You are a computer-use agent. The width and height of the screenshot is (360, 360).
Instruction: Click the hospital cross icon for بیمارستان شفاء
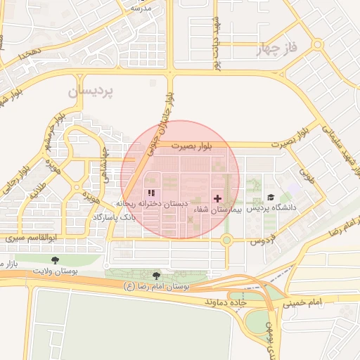(217, 199)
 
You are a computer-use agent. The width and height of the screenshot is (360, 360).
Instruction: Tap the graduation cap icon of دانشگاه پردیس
(271, 198)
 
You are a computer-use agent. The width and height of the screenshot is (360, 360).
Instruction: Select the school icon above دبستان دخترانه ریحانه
(150, 193)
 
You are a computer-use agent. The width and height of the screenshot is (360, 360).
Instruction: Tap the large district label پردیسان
(90, 92)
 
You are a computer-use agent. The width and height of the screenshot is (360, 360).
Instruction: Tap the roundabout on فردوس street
(226, 240)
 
